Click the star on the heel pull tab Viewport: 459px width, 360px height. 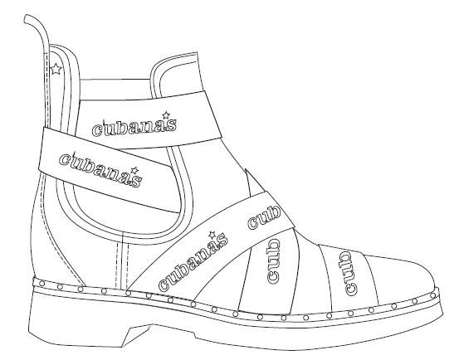pos(56,69)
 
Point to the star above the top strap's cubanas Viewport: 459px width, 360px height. pos(166,115)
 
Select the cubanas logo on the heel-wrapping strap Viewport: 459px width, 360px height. pos(100,169)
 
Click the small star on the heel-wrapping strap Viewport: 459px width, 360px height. pos(134,170)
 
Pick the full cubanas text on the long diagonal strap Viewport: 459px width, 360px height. pos(193,261)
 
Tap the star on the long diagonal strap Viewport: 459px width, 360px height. pos(212,235)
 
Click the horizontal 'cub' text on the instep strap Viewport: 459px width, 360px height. pos(264,218)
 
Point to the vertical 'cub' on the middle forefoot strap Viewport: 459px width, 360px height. pos(273,260)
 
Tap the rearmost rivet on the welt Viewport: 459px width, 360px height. pos(42,283)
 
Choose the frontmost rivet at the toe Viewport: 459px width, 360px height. pos(433,296)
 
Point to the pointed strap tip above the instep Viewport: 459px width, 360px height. pos(247,171)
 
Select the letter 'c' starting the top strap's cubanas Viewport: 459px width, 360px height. pos(97,130)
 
